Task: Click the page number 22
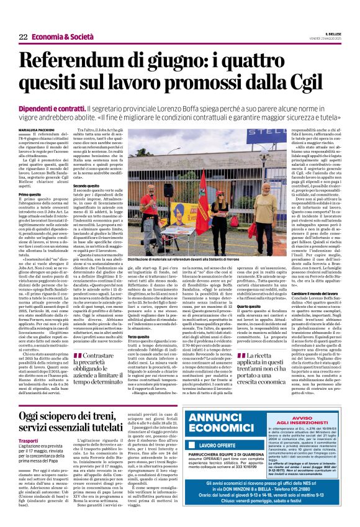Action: point(23,37)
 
